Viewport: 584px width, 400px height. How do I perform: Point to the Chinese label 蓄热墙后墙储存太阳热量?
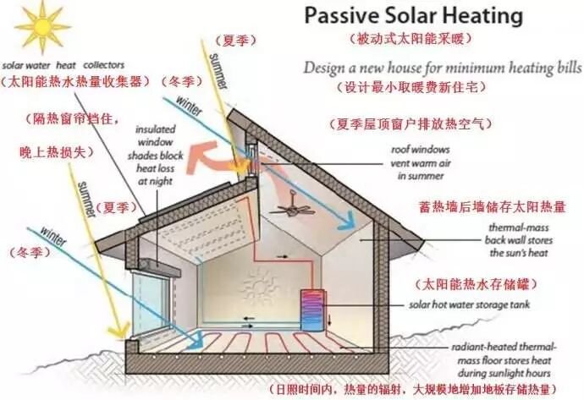pyautogui.click(x=480, y=205)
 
